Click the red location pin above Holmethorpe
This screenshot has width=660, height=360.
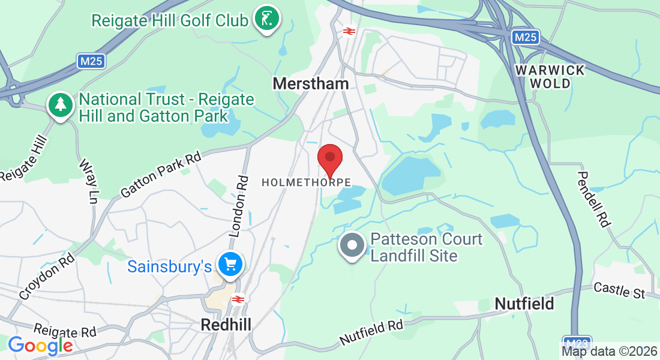[x=329, y=158]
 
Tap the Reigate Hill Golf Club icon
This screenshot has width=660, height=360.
[x=266, y=19]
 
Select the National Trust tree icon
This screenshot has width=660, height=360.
[x=60, y=106]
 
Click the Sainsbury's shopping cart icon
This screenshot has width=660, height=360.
[x=230, y=264]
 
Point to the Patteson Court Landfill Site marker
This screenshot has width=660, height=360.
[x=352, y=247]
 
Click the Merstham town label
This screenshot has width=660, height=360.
[x=310, y=83]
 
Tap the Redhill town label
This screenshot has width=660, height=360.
[x=226, y=325]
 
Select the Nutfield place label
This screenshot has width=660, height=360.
[x=524, y=304]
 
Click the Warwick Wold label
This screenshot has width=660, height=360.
[x=550, y=77]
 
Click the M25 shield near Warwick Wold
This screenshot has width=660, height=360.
[x=525, y=37]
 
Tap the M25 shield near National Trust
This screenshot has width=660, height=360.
[x=91, y=61]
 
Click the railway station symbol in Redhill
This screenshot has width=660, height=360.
[x=238, y=299]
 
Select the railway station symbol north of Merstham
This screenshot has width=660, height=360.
[x=347, y=30]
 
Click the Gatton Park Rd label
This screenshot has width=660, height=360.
[x=160, y=175]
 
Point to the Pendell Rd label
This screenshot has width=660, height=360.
[x=594, y=199]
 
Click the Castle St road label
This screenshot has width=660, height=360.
[x=619, y=291]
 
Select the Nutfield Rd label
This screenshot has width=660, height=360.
[x=371, y=332]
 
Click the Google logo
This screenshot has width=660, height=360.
[x=40, y=346]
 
